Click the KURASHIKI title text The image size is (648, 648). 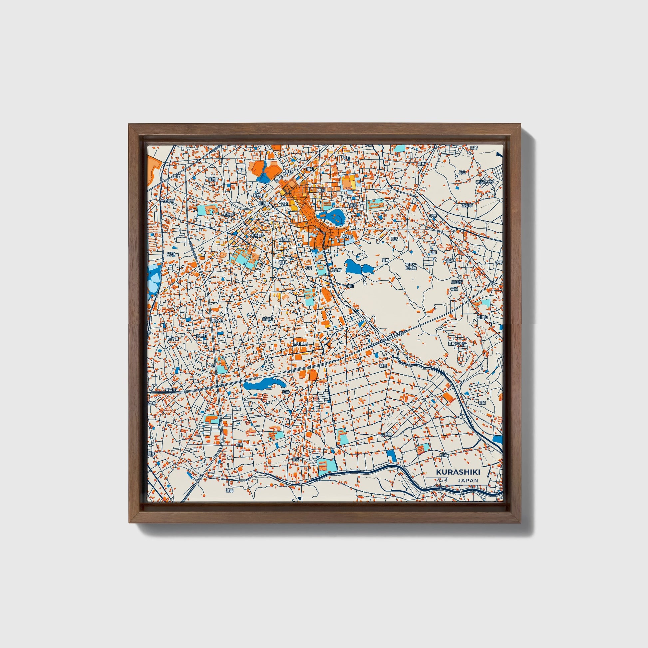(458, 472)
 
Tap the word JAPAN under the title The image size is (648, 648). (468, 481)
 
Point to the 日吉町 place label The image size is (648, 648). (213, 179)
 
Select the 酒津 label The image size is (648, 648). (176, 176)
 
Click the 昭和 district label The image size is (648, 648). (310, 169)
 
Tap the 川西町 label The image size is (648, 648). (264, 203)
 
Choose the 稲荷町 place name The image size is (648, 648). (285, 240)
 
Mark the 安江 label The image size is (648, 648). (171, 254)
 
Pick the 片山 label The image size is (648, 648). (462, 172)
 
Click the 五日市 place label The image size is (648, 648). (467, 205)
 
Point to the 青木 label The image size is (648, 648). (395, 239)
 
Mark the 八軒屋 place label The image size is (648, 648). (386, 434)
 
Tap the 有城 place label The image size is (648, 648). (482, 403)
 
